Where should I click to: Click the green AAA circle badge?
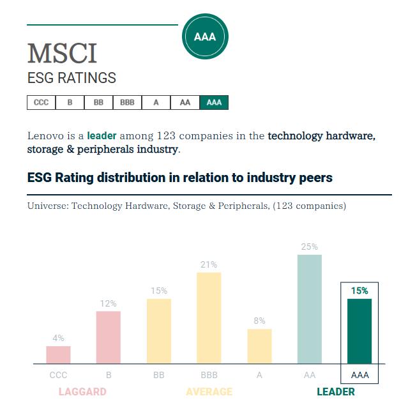pos(205,36)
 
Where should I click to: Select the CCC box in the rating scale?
pos(41,102)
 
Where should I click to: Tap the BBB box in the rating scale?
pos(127,102)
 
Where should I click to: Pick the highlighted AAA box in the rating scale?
pos(214,102)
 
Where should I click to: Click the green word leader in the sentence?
pos(102,136)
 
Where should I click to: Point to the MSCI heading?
pos(62,54)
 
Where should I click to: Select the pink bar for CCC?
pos(58,355)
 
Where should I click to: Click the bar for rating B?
pos(109,337)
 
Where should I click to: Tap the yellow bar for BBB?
pos(209,318)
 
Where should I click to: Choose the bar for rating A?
pos(259,346)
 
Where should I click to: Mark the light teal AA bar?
pos(310,309)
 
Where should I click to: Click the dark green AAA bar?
pos(359,331)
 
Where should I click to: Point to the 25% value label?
pos(310,247)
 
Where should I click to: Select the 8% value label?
pos(259,321)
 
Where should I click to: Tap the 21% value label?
pos(209,264)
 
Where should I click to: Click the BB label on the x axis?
pos(158,375)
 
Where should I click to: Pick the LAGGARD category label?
pos(82,392)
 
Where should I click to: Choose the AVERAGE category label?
pos(209,392)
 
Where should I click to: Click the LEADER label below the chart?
pos(336,392)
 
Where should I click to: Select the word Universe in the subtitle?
pos(48,206)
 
